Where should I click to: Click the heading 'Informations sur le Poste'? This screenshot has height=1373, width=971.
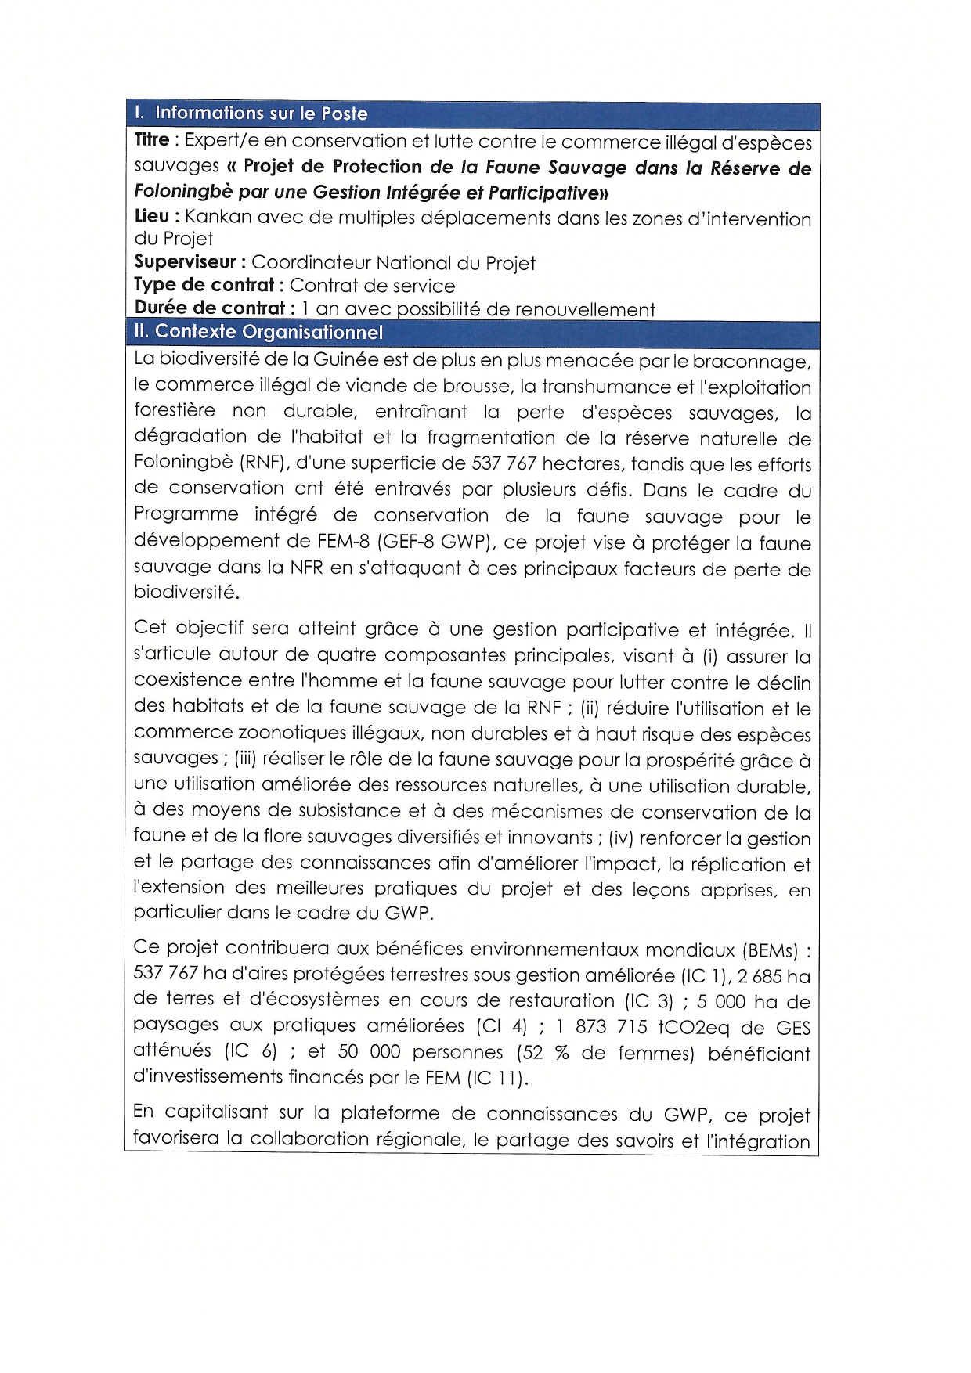[x=261, y=114]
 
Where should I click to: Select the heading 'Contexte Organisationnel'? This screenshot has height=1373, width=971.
[x=269, y=332]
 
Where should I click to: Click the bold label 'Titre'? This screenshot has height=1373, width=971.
[x=152, y=140]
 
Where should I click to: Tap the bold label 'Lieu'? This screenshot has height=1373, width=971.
[x=152, y=217]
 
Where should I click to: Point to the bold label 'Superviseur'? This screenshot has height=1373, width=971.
[x=185, y=262]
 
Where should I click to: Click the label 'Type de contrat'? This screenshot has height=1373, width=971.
[x=204, y=285]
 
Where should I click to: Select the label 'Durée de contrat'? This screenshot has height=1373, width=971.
[x=210, y=308]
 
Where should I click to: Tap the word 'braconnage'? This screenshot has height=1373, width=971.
[x=749, y=362]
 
